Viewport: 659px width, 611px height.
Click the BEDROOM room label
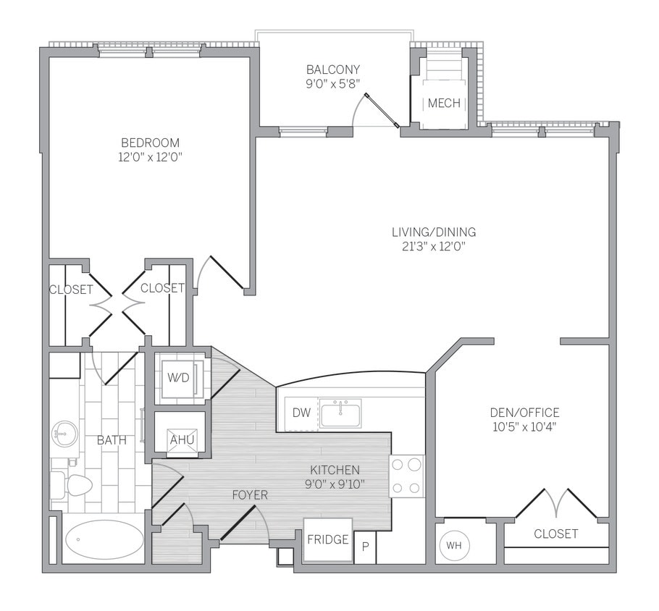(150, 143)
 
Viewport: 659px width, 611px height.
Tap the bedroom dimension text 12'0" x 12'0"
(150, 157)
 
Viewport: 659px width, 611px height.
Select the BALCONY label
(333, 69)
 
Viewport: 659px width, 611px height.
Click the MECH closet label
(444, 104)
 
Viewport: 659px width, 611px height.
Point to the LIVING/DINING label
(434, 232)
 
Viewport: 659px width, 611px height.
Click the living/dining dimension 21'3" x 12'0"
(434, 247)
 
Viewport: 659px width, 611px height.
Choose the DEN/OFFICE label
(524, 413)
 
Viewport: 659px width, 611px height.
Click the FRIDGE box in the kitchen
(328, 540)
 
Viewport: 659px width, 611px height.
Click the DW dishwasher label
(302, 413)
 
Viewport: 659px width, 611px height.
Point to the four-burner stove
(406, 476)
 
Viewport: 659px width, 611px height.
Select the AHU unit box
(177, 439)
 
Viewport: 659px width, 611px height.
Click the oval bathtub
(104, 540)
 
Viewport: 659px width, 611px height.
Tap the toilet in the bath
(72, 484)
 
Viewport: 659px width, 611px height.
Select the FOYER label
(250, 496)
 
